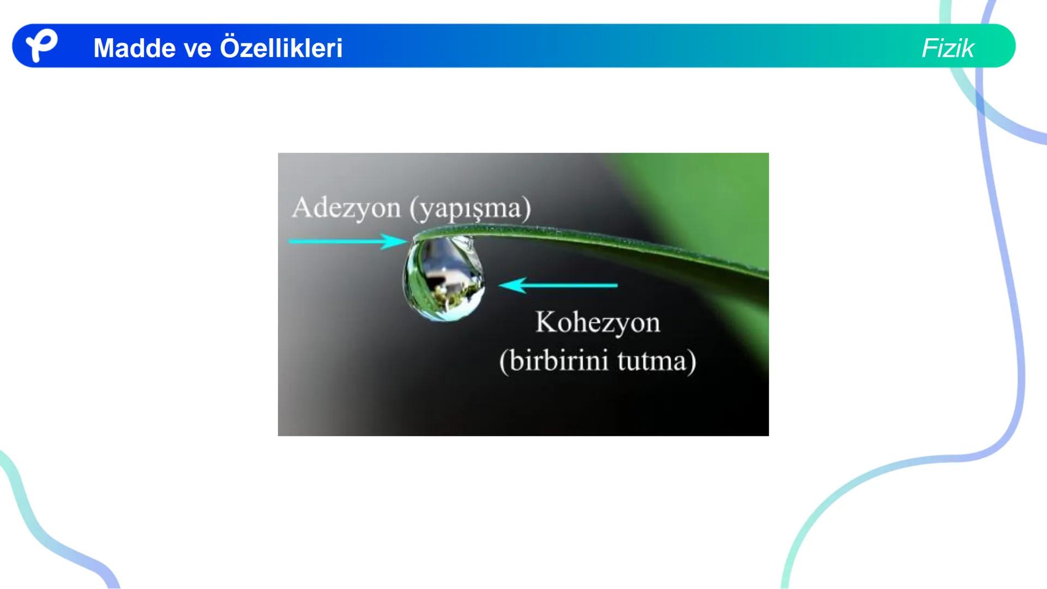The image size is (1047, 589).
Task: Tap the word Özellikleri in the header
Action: point(281,48)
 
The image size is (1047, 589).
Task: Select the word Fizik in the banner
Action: point(947,48)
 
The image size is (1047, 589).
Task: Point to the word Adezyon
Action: point(346,208)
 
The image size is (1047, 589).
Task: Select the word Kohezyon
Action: point(598,322)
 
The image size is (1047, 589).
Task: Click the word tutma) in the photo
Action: point(657,360)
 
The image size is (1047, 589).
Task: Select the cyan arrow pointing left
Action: point(558,285)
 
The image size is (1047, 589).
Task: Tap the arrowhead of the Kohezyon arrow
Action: point(512,285)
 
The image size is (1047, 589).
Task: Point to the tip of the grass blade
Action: point(416,238)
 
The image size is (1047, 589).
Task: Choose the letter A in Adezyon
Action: point(303,207)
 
